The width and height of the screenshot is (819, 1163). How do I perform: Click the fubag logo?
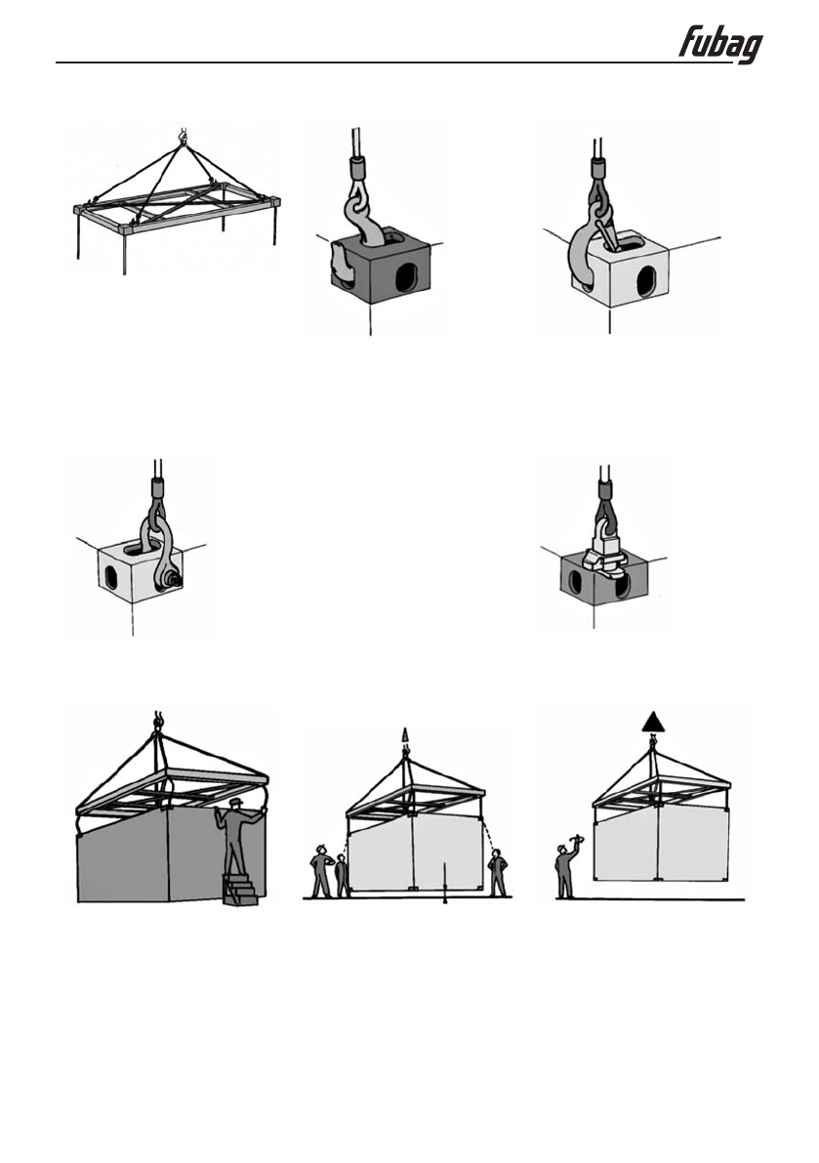point(720,44)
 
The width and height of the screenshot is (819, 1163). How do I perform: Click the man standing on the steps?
point(233,836)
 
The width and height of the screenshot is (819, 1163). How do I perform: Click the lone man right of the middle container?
point(499,872)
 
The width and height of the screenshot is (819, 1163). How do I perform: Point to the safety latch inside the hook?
point(606,235)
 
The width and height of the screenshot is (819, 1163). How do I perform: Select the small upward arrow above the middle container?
point(405,734)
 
